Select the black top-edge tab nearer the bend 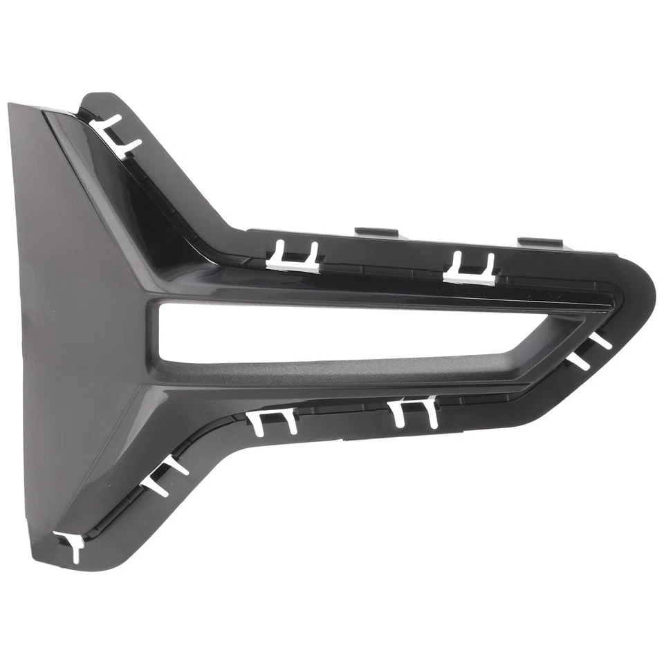coord(374,232)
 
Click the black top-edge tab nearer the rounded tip coord(540,243)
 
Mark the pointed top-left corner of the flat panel coord(12,106)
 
